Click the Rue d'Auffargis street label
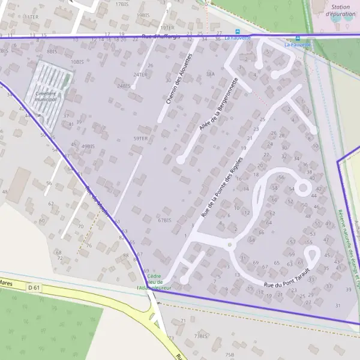161,36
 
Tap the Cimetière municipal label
46,96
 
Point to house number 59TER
140,139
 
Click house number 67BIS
164,220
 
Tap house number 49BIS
88,146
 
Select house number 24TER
140,74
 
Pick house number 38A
210,74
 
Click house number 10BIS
77,62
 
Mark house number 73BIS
200,336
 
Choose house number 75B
229,355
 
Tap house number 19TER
167,28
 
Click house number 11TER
31,17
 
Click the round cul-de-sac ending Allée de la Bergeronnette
180,160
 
